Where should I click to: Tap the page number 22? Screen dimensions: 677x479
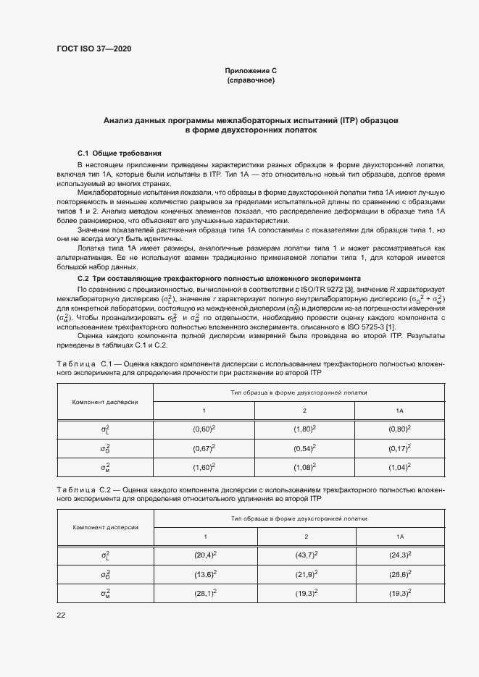point(61,615)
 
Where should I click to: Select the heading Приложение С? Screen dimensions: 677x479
point(251,71)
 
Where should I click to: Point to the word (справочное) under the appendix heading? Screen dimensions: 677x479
point(251,80)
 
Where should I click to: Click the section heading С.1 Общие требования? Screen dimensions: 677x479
point(120,154)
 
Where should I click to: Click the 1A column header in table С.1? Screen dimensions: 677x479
point(399,411)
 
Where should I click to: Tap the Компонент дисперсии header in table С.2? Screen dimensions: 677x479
point(105,527)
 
